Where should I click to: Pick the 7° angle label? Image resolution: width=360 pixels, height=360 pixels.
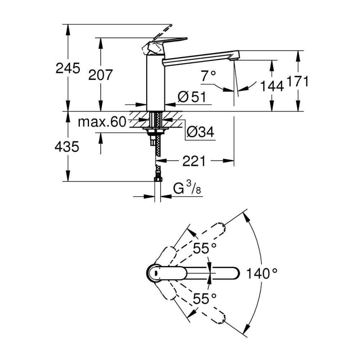click(x=208, y=76)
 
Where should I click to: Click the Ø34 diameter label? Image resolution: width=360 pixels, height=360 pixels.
click(x=201, y=133)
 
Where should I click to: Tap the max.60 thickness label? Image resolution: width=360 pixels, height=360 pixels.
click(x=102, y=122)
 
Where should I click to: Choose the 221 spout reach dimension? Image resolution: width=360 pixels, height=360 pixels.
click(x=194, y=161)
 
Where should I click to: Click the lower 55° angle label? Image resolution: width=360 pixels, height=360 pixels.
click(x=204, y=298)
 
